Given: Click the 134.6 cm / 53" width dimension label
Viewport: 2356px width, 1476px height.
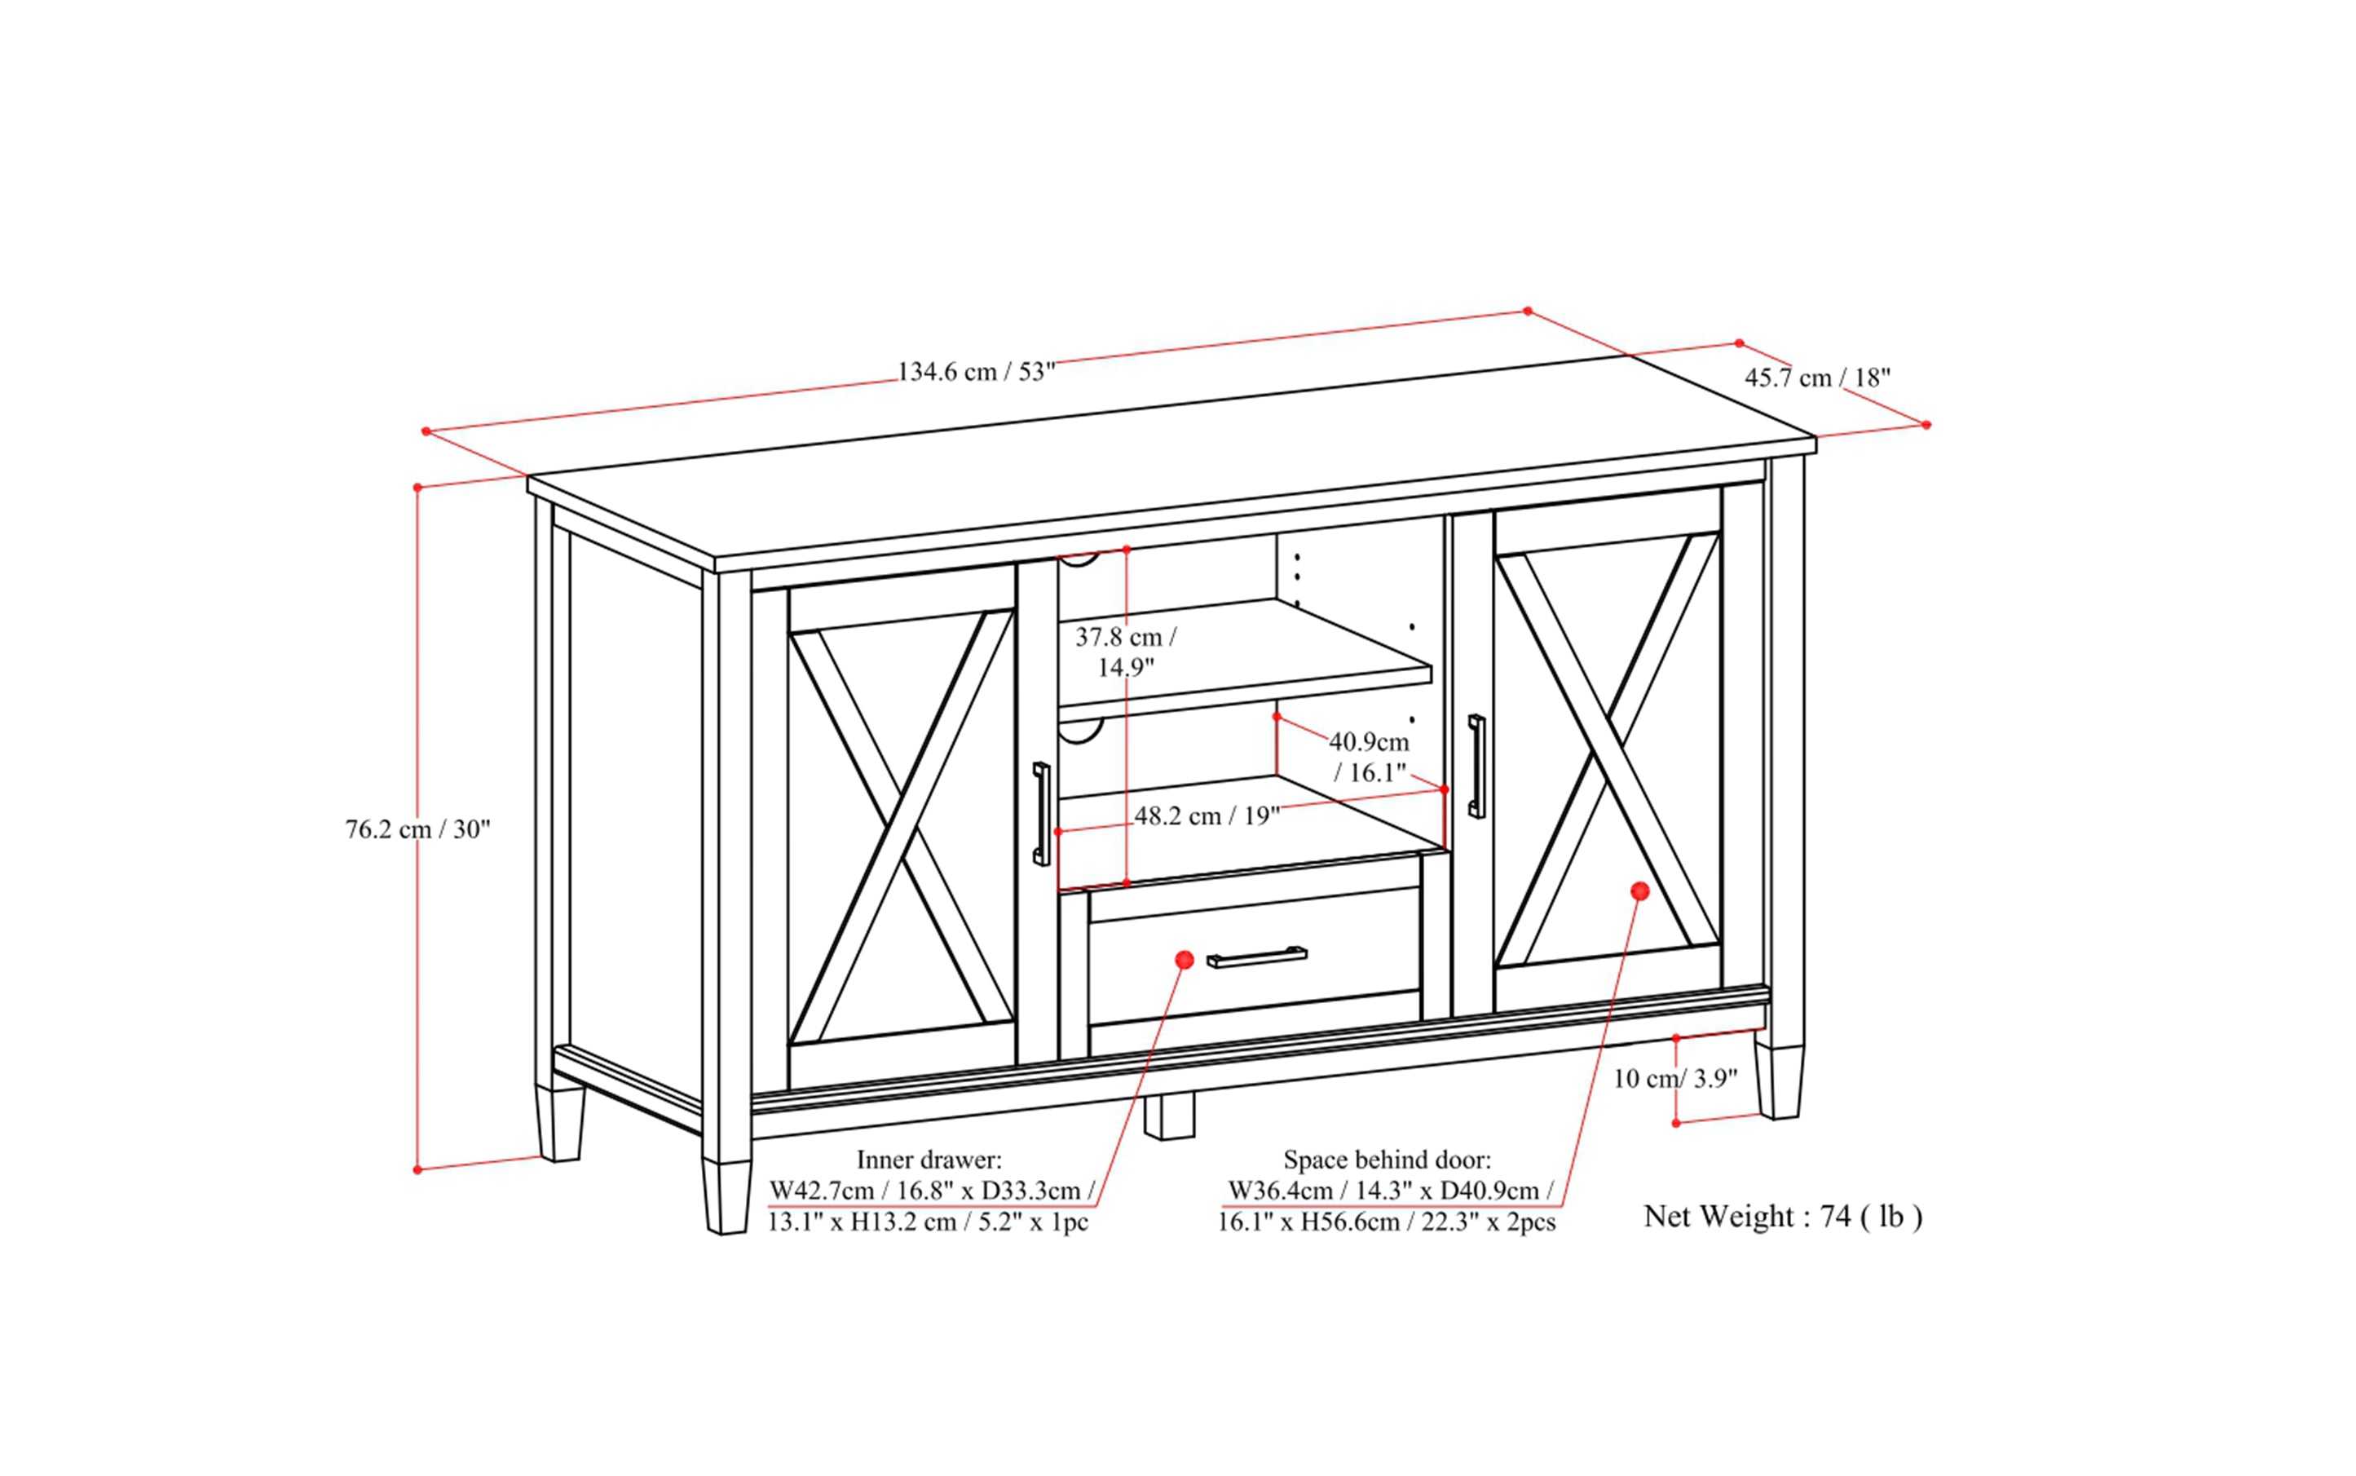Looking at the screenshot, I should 976,372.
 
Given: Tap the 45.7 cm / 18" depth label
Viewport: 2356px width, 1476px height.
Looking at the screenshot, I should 1817,378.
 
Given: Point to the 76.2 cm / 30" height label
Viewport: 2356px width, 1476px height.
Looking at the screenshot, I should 417,829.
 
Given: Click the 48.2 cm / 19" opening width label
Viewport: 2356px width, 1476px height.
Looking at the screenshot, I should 1207,816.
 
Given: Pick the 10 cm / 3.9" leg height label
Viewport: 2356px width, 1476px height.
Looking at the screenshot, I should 1674,1079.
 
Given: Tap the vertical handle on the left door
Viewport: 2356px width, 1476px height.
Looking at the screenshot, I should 1041,813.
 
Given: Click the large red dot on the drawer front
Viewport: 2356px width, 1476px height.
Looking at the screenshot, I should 1185,960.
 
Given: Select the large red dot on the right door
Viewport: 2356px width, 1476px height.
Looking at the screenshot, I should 1639,890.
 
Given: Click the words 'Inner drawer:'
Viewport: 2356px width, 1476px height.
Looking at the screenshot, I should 929,1160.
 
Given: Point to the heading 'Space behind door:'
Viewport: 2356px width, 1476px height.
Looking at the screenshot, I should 1386,1160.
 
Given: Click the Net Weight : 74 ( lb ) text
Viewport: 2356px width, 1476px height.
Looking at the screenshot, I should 1782,1217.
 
